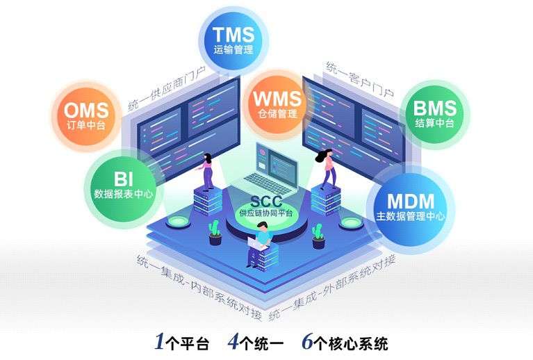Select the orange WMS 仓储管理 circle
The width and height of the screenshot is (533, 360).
[x=277, y=101]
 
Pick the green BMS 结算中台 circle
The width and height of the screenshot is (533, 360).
[x=434, y=113]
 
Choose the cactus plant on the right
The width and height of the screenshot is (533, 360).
[x=319, y=235]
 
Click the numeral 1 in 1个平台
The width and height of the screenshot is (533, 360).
[x=159, y=343]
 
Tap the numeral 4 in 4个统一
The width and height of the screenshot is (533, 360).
[x=233, y=343]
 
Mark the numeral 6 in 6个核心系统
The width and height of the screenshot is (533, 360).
[x=308, y=343]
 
